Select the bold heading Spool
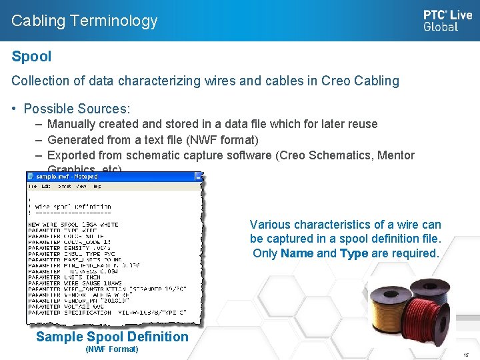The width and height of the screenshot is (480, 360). click(31, 57)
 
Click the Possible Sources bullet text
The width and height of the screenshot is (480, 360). click(77, 108)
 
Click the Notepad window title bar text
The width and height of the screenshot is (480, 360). click(67, 177)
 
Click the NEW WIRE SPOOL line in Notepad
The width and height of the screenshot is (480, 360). click(73, 225)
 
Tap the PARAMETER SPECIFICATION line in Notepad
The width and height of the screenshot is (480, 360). click(107, 312)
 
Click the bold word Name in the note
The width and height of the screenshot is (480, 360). click(297, 253)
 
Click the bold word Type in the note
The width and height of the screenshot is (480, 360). click(353, 253)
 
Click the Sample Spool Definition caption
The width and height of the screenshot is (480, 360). click(112, 337)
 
